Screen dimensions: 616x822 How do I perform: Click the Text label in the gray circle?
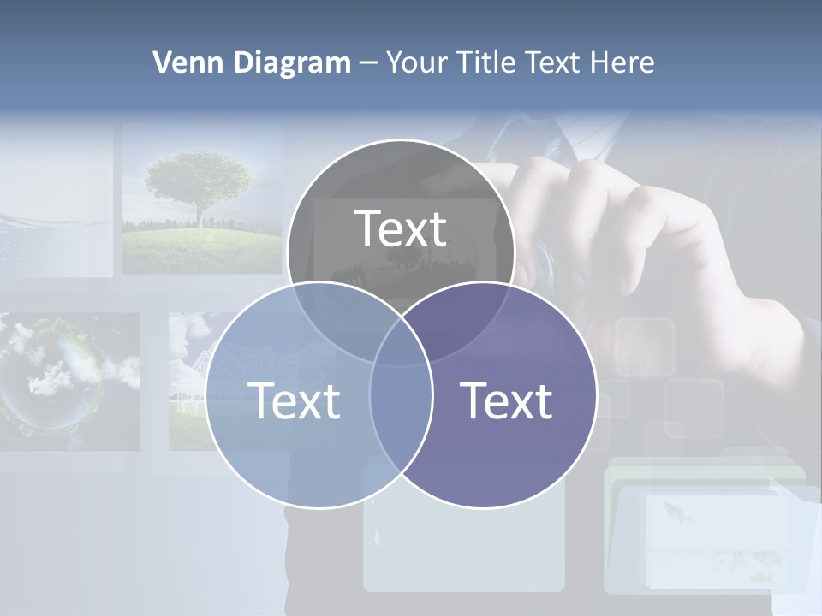pos(401,229)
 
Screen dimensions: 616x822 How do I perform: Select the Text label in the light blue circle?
pos(294,400)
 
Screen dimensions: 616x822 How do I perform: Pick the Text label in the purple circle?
pos(507,400)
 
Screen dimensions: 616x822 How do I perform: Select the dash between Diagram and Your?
pos(368,63)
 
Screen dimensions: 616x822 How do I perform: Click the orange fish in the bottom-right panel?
pos(671,512)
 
